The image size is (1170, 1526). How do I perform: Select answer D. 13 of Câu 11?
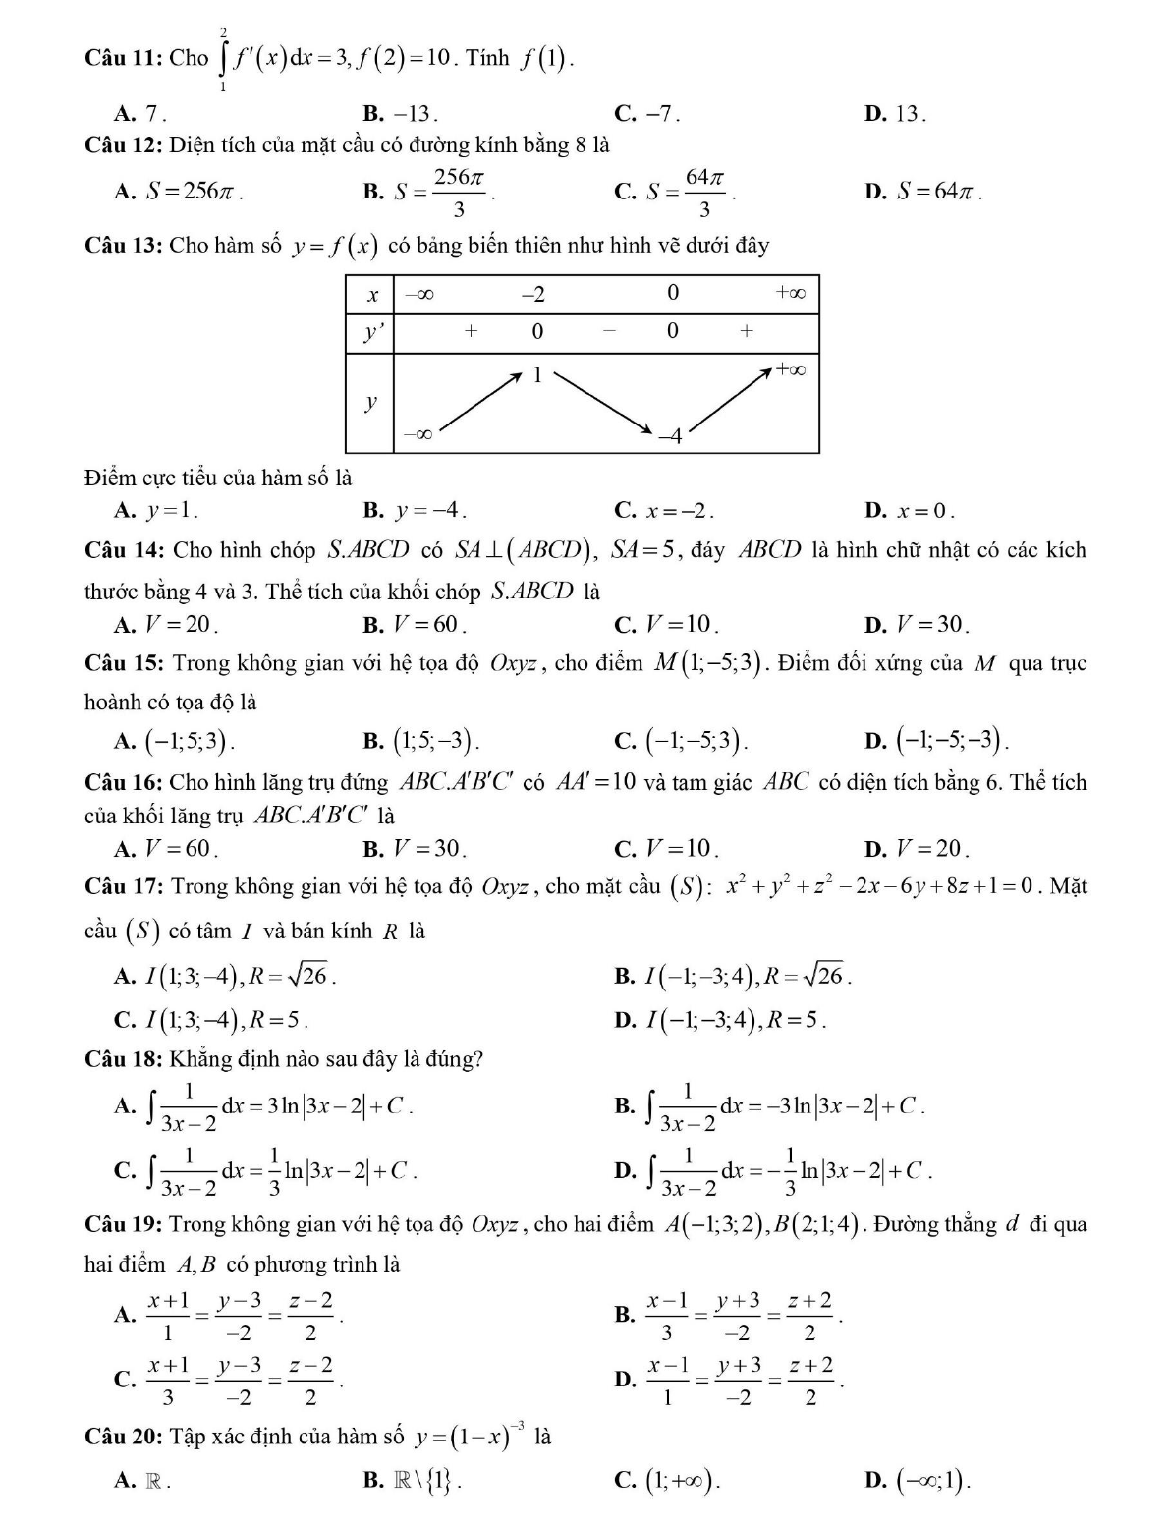895,114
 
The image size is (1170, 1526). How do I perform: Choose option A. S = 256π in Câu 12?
179,192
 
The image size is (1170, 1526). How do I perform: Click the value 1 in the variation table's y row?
537,374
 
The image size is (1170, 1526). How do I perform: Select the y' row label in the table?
370,332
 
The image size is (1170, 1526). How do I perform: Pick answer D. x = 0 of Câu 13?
910,510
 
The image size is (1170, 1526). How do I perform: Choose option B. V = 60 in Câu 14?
414,624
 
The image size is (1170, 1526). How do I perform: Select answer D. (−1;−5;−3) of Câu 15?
937,740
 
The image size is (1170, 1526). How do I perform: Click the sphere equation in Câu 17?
878,887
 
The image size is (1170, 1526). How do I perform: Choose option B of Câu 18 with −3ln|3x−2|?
770,1106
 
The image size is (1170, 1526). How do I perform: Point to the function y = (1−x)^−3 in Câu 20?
471,1438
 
